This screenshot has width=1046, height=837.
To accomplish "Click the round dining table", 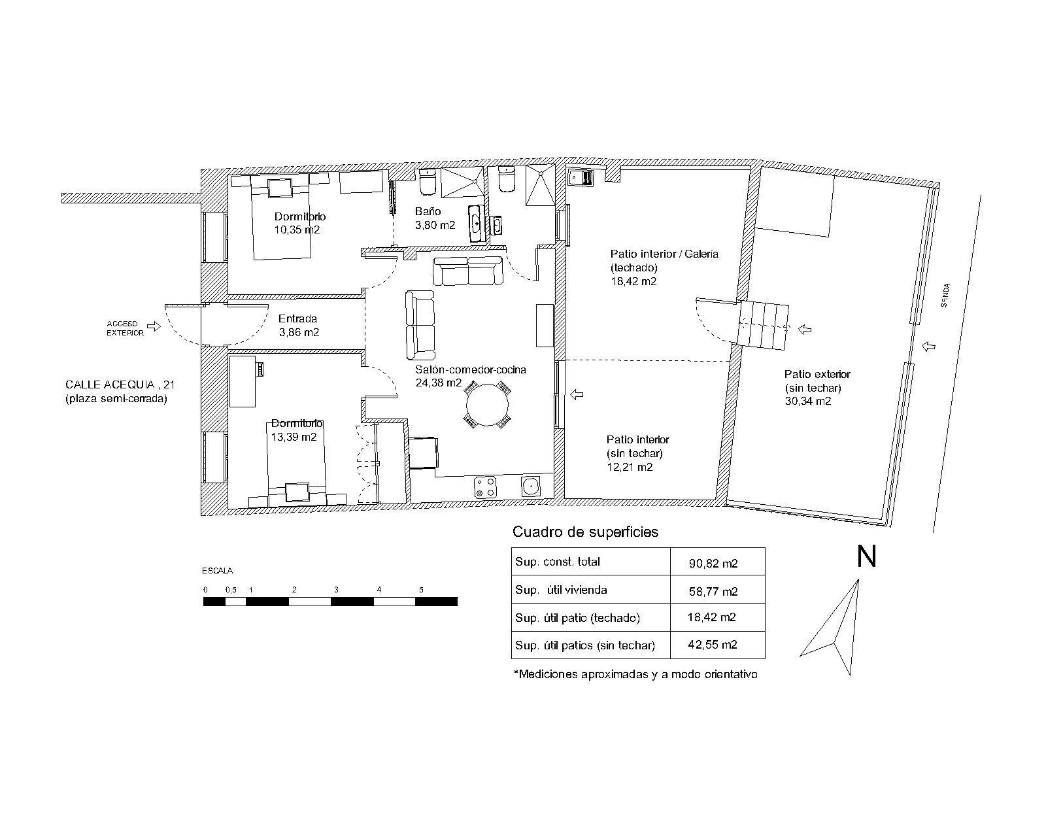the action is point(487,405).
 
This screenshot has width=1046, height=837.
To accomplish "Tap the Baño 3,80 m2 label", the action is point(435,218).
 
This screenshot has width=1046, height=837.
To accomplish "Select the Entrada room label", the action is point(297,319).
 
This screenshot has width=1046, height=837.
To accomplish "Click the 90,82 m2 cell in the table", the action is point(713,563).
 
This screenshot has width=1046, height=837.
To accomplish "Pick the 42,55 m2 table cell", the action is point(713,645).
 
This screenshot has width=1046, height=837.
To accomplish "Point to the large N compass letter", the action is point(867,556).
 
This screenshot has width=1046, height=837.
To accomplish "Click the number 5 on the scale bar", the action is point(421,590).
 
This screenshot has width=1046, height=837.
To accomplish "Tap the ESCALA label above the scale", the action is point(217,571).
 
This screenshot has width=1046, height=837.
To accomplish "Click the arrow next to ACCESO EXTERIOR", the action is point(154,326).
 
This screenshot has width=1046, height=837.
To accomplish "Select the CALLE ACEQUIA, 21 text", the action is point(120,384).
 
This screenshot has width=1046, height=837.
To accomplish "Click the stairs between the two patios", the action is point(762,325).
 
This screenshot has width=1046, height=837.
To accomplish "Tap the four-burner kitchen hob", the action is point(485,487).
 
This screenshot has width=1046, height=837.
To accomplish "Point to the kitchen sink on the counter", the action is point(531,487).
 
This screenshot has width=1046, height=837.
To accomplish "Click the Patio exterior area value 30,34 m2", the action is point(808,401).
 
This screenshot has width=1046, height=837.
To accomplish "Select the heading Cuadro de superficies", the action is point(585,532).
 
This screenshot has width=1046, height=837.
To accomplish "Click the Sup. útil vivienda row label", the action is point(561,590).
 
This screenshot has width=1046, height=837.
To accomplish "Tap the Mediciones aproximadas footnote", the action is point(635,675).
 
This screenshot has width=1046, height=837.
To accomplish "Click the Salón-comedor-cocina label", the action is point(471,369).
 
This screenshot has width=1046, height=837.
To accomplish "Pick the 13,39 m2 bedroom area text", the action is point(294,437).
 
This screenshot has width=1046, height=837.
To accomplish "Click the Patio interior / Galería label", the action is point(664,254).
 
